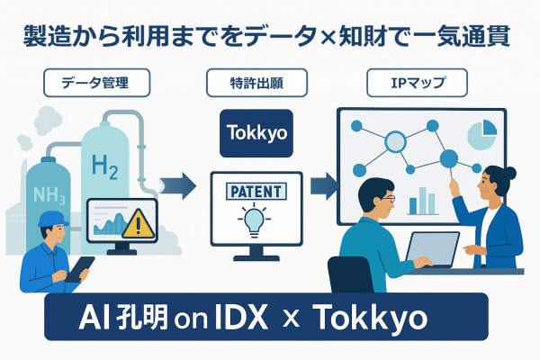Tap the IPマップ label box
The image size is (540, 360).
(x=417, y=84)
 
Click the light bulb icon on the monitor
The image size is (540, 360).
(x=253, y=219)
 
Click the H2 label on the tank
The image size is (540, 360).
(x=105, y=165)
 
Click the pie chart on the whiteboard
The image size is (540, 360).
(x=481, y=135)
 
